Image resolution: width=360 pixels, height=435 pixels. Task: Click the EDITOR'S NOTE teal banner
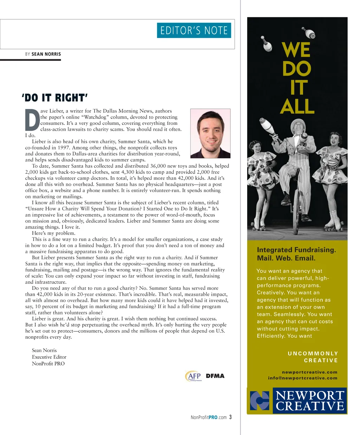tap(194, 31)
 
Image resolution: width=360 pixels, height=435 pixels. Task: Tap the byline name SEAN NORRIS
tap(46, 54)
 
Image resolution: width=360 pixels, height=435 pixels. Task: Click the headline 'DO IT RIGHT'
tap(54, 98)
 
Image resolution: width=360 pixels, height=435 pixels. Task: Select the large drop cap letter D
tap(32, 120)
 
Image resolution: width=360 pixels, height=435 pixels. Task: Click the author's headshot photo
tap(210, 133)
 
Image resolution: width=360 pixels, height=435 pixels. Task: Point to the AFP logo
tap(193, 376)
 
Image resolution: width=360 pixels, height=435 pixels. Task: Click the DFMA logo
tap(215, 376)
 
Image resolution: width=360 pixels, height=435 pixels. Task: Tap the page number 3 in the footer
tap(231, 417)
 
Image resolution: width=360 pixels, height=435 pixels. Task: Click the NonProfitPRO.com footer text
tap(208, 417)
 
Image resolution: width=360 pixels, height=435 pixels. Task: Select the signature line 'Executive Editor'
tap(49, 357)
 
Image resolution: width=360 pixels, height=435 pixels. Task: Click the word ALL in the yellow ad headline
tap(297, 106)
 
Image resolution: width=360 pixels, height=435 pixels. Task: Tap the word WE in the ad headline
tap(296, 50)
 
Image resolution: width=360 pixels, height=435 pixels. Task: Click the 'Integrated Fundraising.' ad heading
tap(296, 250)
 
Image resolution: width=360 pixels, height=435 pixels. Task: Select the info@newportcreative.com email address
tap(302, 378)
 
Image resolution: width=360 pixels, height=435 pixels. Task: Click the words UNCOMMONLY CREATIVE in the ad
tap(313, 357)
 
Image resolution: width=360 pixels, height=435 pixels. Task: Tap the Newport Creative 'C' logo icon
tap(259, 401)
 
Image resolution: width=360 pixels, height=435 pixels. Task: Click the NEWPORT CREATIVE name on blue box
tap(310, 401)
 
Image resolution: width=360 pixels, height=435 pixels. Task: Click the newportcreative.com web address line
tap(309, 372)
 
